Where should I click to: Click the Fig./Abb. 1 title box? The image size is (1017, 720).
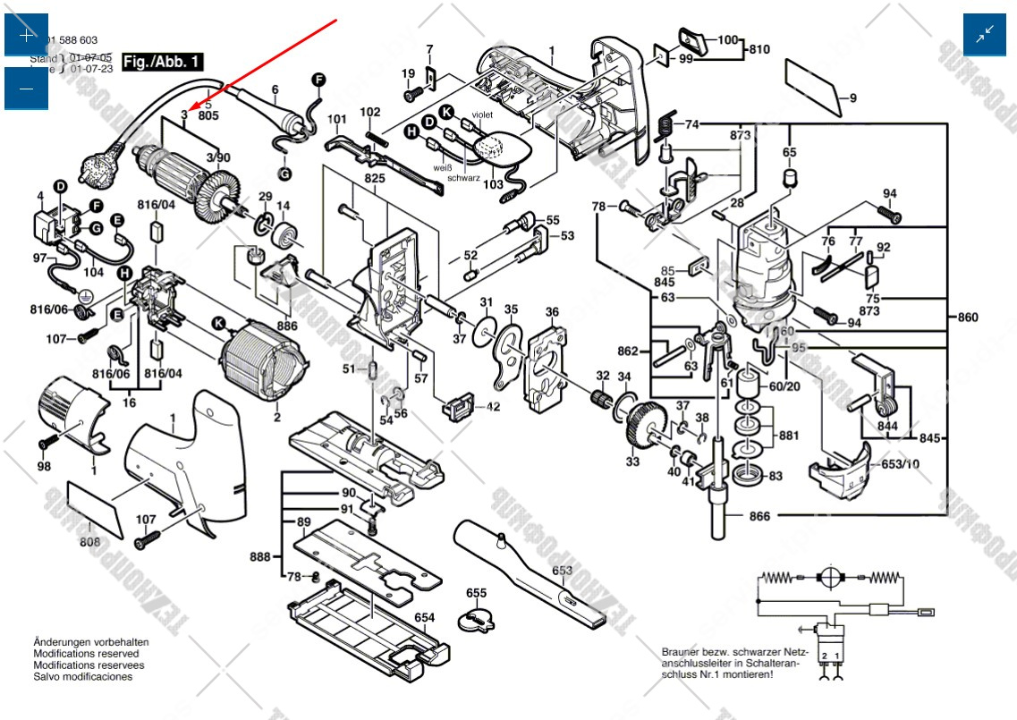pos(162,62)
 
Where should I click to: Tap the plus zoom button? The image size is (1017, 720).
pos(27,35)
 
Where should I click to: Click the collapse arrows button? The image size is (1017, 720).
pos(985,35)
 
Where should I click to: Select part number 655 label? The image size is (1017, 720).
pos(476,593)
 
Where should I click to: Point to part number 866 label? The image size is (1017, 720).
pos(759,516)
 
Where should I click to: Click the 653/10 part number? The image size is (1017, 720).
pos(900,463)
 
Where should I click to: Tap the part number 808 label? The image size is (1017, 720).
pos(89,541)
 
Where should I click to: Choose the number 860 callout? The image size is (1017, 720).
pos(967,318)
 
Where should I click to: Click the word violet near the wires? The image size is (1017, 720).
pos(482,115)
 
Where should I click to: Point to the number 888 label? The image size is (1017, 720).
pos(260,557)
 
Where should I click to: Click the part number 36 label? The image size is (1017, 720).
pos(553,312)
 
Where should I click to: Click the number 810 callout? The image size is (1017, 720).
pos(759,48)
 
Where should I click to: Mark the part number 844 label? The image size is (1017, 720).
pos(887,427)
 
